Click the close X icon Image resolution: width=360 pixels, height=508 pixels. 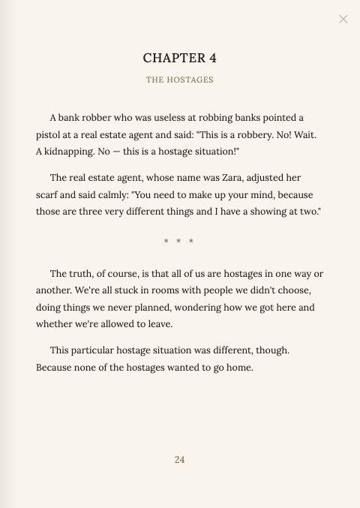(343, 19)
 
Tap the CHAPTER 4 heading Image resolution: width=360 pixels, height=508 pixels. (180, 58)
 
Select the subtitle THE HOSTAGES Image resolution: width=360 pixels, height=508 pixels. (180, 80)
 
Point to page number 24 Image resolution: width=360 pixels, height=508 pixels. (180, 459)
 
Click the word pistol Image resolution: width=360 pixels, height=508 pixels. (49, 134)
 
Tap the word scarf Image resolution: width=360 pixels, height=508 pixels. (48, 194)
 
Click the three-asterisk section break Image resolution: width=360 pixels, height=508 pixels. (179, 242)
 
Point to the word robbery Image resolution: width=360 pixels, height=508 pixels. (272, 134)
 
